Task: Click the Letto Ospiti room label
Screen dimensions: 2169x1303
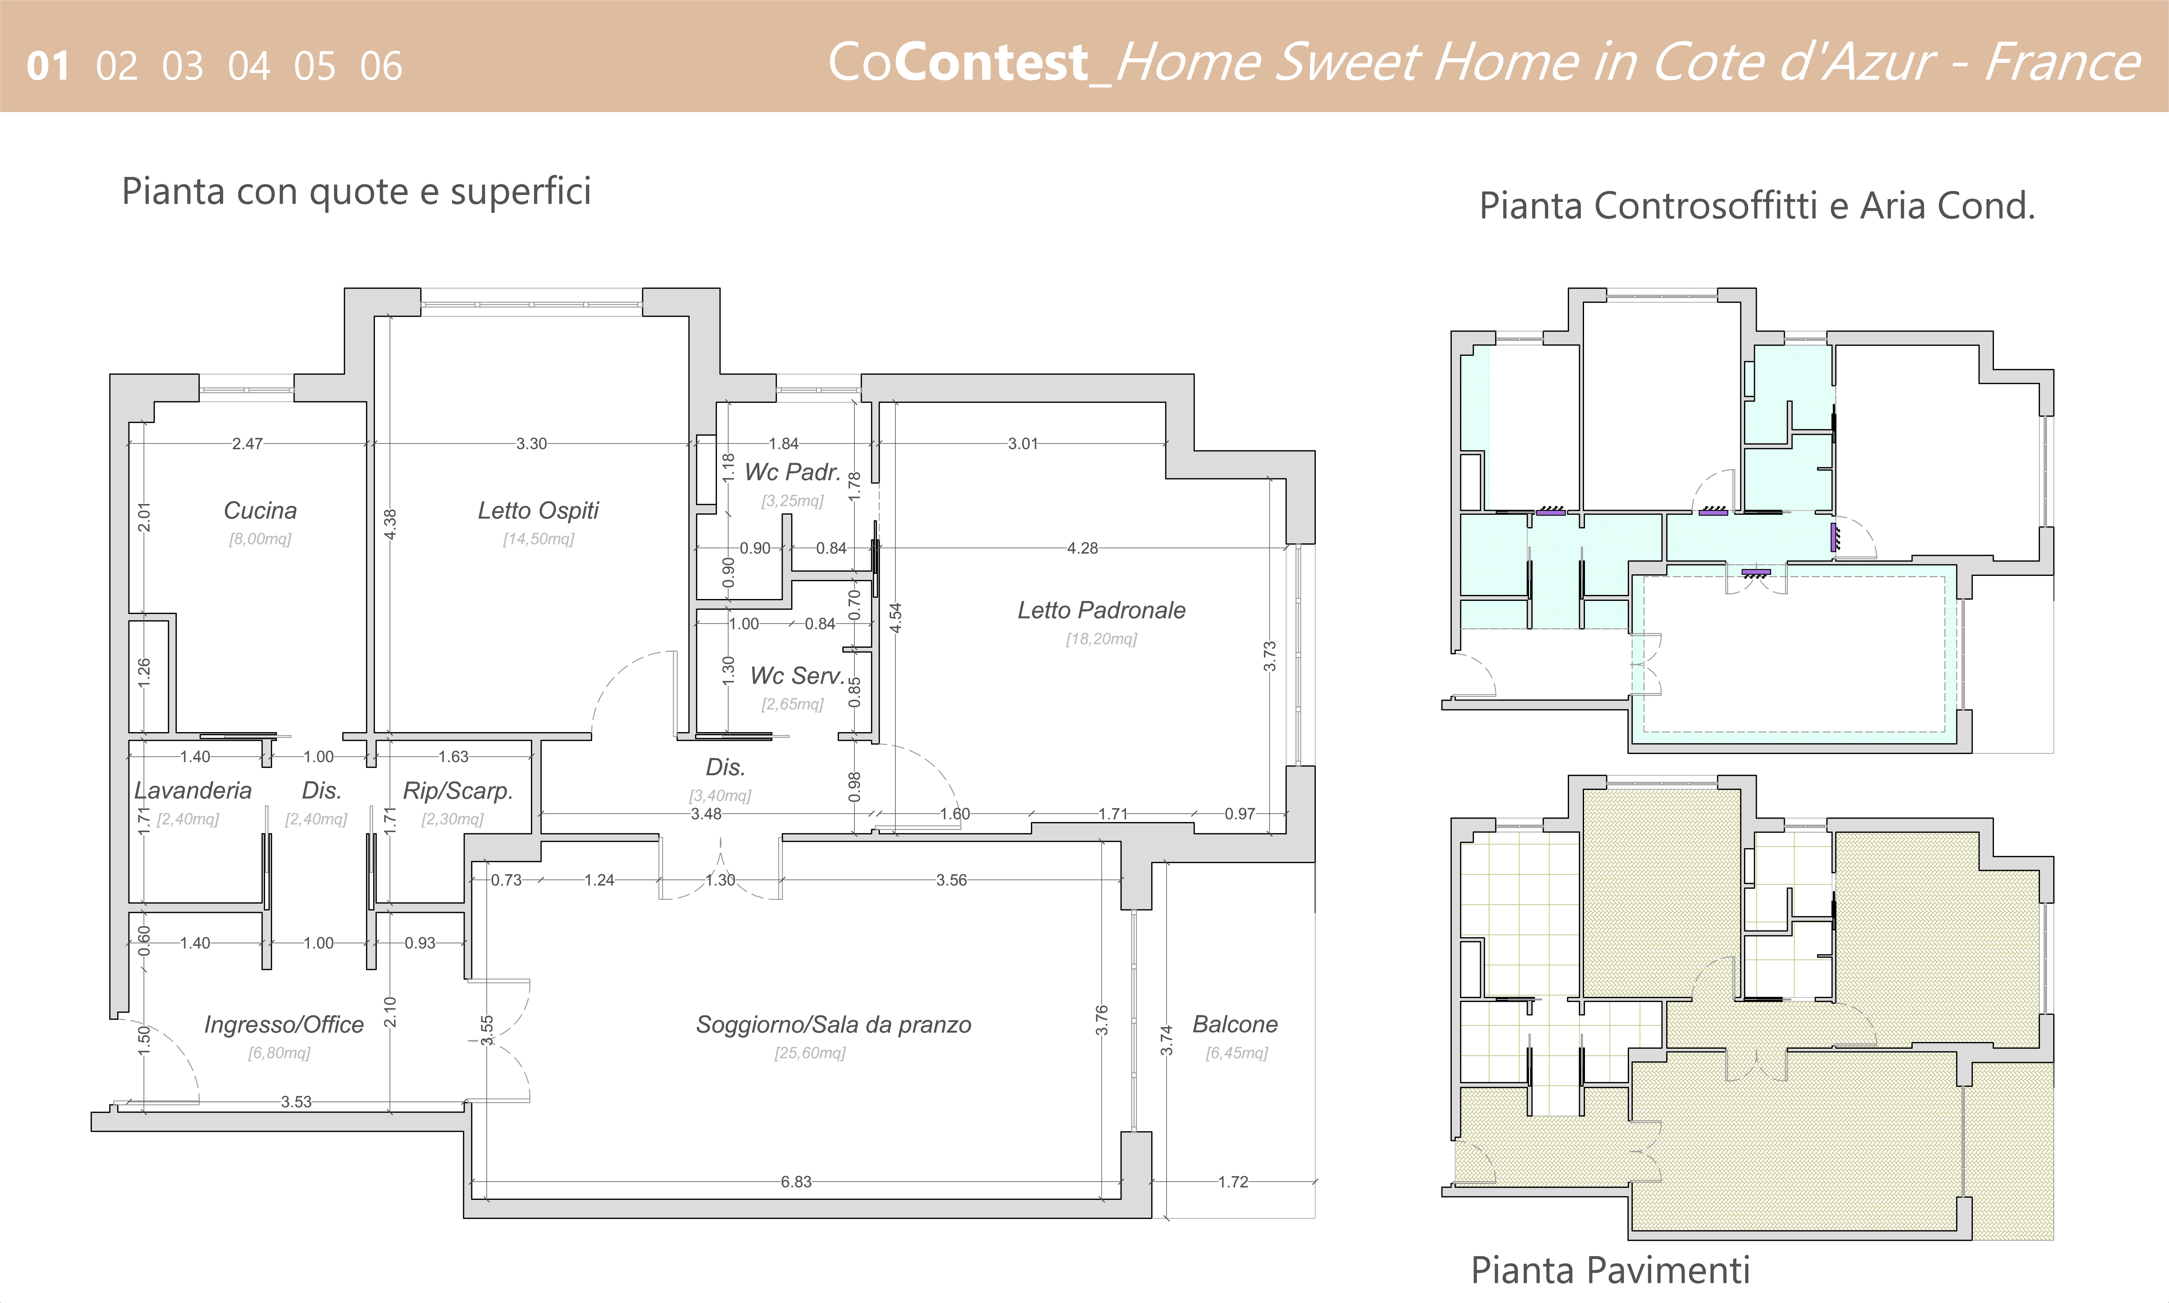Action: pyautogui.click(x=538, y=511)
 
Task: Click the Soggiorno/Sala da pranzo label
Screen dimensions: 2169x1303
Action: pyautogui.click(x=833, y=1025)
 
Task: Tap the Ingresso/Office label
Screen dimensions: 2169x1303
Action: pyautogui.click(x=284, y=1025)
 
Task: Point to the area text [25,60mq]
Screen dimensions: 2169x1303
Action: pyautogui.click(x=810, y=1053)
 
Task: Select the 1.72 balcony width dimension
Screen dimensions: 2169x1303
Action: pyautogui.click(x=1233, y=1182)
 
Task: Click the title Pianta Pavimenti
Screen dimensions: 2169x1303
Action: pyautogui.click(x=1611, y=1270)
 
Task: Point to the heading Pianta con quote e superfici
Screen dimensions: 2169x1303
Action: pyautogui.click(x=357, y=192)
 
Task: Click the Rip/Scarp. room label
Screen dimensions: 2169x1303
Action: pyautogui.click(x=457, y=791)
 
